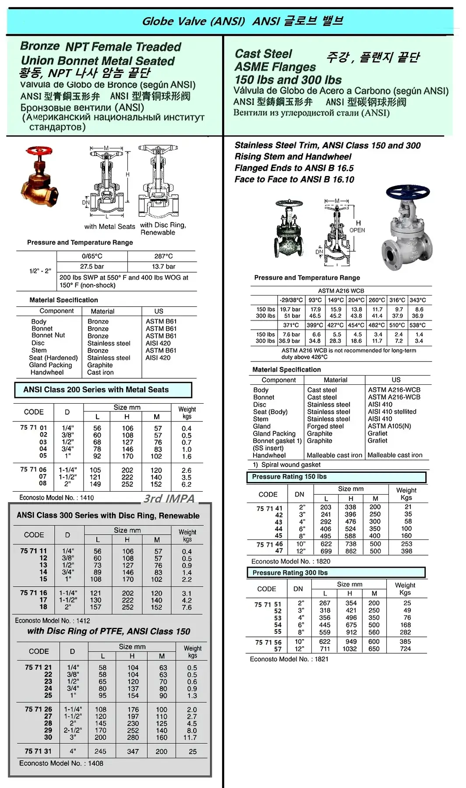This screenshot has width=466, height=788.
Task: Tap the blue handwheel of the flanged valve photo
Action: pyautogui.click(x=407, y=192)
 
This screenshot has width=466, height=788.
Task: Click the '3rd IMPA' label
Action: pyautogui.click(x=169, y=499)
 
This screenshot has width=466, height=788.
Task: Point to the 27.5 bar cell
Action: pyautogui.click(x=92, y=267)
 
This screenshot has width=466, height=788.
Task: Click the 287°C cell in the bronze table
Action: pyautogui.click(x=163, y=256)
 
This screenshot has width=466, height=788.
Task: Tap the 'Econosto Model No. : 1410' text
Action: pyautogui.click(x=56, y=498)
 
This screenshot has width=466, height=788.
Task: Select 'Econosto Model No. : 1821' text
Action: pyautogui.click(x=289, y=659)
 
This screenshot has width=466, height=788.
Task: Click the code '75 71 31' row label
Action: pyautogui.click(x=38, y=751)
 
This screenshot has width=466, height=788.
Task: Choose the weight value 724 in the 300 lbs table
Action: pyautogui.click(x=406, y=649)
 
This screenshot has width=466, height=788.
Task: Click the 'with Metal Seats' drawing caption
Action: pyautogui.click(x=109, y=227)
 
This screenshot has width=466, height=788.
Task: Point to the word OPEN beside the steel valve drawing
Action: pyautogui.click(x=357, y=230)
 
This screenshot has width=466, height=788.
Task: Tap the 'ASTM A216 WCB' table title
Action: pyautogui.click(x=341, y=291)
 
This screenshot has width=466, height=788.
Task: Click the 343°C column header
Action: pyautogui.click(x=417, y=300)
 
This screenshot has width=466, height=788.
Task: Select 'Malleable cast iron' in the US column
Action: pyautogui.click(x=395, y=455)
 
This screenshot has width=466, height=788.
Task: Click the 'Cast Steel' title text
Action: pyautogui.click(x=263, y=54)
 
